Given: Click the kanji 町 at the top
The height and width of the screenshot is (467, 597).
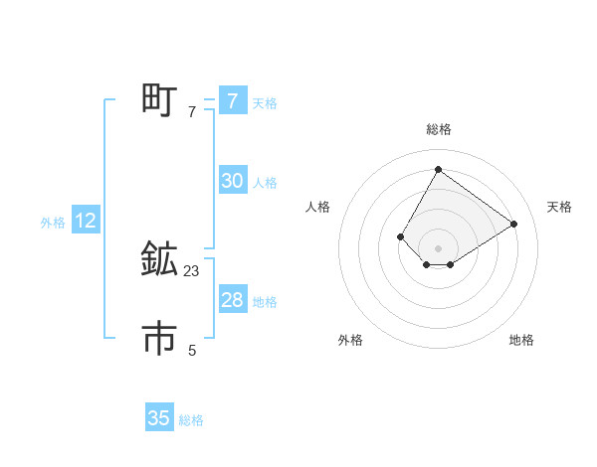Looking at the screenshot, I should [x=159, y=100].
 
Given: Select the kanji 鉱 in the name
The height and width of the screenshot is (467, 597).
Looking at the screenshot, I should [x=159, y=260].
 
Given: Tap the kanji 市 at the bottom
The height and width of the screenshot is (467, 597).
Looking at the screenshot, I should [x=159, y=340].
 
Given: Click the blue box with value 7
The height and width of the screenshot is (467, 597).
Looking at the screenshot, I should [x=232, y=100].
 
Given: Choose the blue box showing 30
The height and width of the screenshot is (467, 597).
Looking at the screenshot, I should [x=232, y=181].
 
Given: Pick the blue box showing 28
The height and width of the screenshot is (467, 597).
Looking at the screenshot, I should [x=232, y=300].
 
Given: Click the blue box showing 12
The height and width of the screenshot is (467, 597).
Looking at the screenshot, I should [x=86, y=221].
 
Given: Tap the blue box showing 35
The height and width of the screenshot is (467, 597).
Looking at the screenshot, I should [x=159, y=418].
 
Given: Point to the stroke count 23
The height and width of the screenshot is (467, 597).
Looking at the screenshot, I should [x=192, y=270].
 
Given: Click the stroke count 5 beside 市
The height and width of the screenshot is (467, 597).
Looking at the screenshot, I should [x=192, y=350].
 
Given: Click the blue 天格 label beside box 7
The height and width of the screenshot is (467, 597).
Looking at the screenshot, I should [x=265, y=103].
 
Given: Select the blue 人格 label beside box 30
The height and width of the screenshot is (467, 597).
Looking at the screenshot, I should [x=265, y=183].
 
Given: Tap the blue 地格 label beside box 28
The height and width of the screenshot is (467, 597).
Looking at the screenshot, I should [x=265, y=302].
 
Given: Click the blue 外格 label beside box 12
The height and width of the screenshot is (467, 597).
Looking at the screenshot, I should [x=53, y=223].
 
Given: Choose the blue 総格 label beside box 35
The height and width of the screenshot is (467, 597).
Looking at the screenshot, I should [x=191, y=420].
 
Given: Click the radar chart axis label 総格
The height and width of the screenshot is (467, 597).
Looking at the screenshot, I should [x=438, y=129].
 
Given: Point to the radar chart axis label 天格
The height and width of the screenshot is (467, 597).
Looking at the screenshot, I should [x=559, y=207].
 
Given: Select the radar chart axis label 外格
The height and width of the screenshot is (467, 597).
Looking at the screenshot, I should [x=350, y=340].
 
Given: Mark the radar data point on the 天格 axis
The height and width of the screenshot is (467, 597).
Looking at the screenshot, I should [x=513, y=224].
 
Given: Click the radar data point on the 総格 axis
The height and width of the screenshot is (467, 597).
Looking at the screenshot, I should [x=438, y=169].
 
